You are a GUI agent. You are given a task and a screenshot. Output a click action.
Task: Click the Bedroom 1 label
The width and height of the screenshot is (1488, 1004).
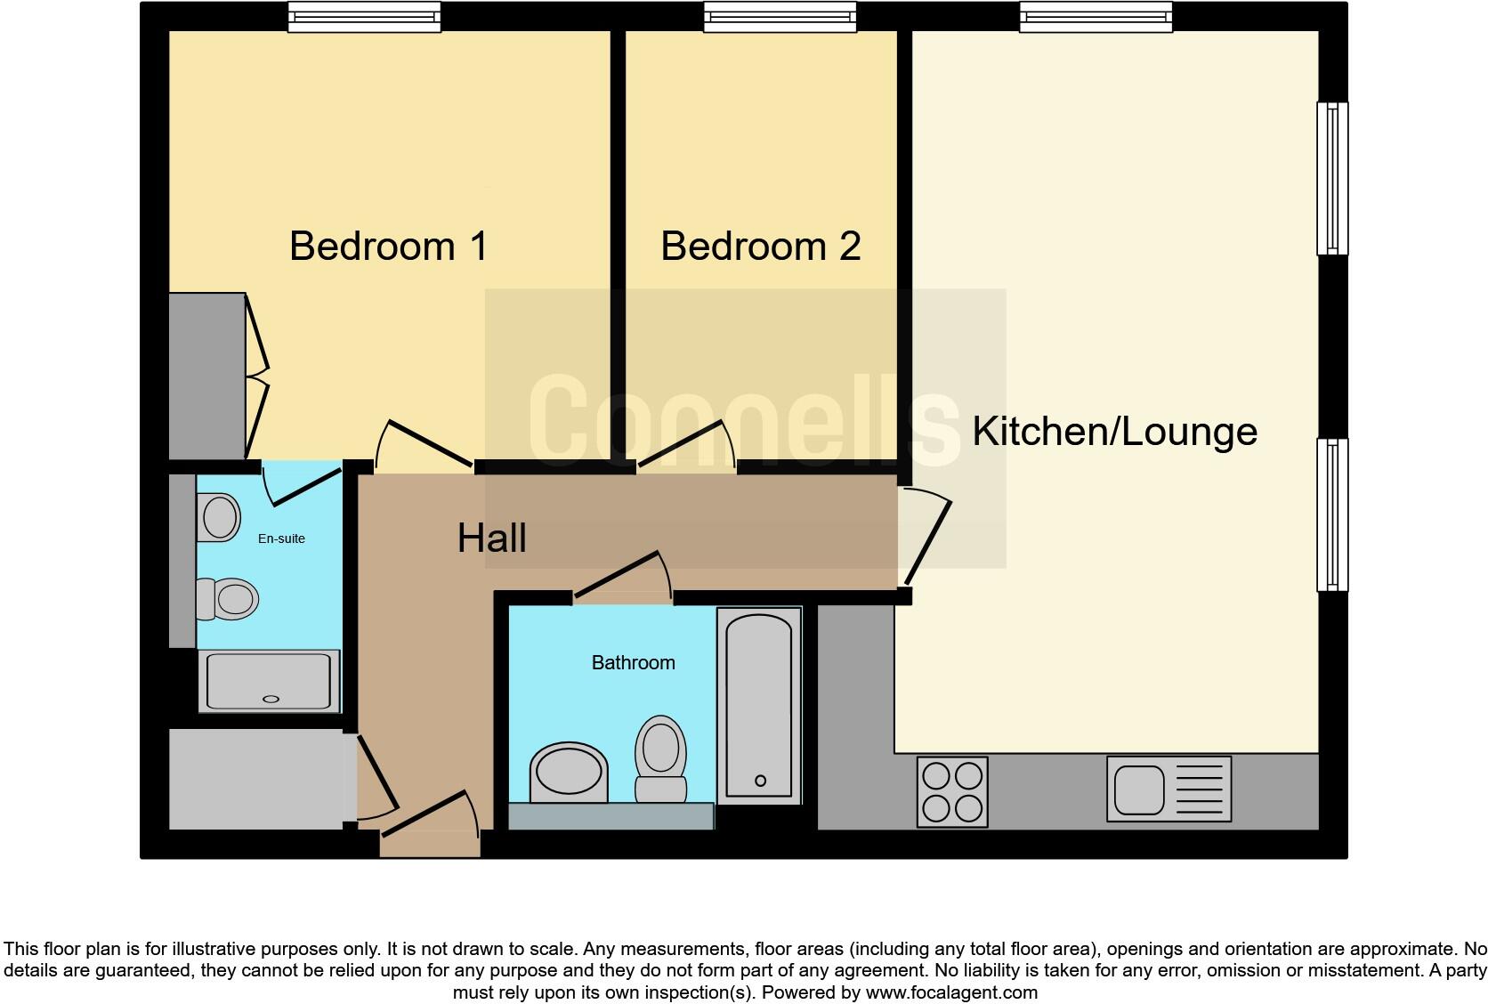click(389, 246)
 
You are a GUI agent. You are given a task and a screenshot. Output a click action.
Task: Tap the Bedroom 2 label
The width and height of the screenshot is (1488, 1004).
click(760, 246)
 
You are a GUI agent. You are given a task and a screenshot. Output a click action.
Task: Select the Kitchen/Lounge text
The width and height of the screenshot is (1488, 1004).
click(1114, 432)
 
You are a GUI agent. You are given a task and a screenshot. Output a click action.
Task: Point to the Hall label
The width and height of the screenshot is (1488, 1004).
click(491, 538)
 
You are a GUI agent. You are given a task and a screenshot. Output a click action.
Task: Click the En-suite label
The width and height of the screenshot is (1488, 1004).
click(281, 538)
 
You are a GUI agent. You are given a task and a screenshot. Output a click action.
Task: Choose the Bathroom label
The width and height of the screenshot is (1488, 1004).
click(633, 662)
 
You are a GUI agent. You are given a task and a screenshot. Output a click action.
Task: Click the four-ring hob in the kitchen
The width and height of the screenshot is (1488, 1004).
click(952, 791)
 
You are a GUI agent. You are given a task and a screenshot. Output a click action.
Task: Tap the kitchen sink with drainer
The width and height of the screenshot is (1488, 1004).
click(1169, 789)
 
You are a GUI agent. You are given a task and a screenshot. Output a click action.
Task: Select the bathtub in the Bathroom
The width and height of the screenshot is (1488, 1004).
click(759, 705)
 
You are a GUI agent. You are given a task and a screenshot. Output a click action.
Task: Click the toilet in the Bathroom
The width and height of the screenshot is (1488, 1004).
click(660, 758)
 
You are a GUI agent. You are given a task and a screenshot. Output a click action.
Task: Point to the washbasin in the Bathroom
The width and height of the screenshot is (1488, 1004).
click(569, 771)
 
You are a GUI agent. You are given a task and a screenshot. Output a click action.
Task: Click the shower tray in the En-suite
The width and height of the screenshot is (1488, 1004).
click(269, 681)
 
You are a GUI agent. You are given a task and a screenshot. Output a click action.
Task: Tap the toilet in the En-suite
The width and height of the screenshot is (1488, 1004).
click(229, 598)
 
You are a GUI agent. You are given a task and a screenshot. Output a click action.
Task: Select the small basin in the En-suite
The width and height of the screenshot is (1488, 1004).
click(219, 516)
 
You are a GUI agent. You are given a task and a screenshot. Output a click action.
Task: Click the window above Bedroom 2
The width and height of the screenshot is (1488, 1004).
click(780, 17)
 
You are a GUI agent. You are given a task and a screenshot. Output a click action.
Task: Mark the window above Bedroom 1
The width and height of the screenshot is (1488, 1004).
click(364, 17)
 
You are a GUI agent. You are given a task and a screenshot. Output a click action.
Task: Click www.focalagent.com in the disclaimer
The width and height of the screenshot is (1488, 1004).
click(950, 992)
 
